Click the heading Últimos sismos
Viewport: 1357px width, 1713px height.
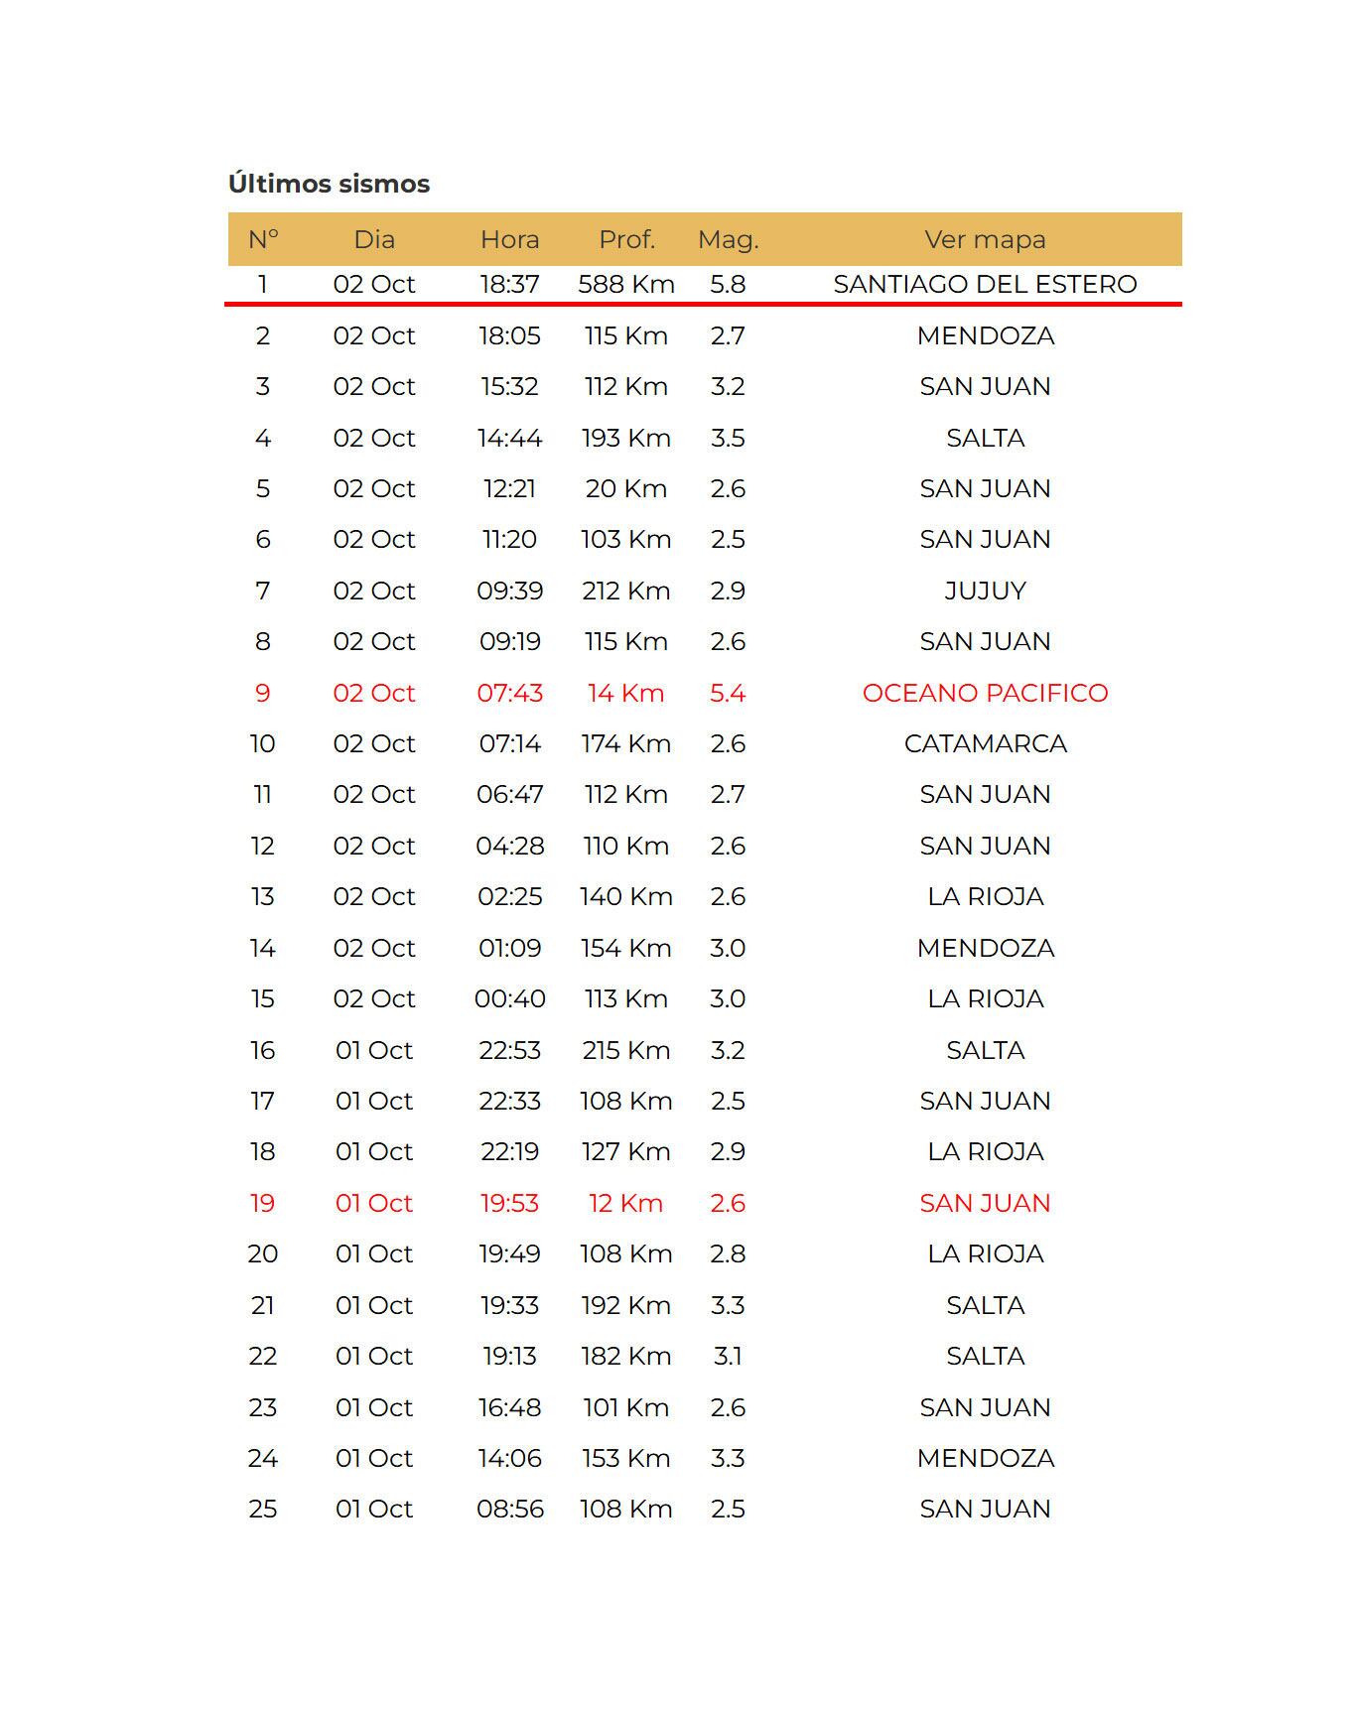[329, 184]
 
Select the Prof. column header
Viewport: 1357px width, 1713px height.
[626, 239]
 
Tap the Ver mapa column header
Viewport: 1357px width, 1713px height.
[985, 239]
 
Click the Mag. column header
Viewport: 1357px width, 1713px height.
[728, 239]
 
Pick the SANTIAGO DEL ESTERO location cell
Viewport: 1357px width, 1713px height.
[985, 284]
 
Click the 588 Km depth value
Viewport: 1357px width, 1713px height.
[626, 284]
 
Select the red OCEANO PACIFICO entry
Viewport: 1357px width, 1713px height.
[985, 693]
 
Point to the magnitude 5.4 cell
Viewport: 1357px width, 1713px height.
[728, 693]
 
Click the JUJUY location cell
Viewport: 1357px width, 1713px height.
[985, 591]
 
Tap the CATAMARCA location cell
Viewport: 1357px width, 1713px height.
[985, 743]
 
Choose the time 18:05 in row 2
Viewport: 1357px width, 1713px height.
[509, 335]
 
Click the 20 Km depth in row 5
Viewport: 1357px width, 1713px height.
[626, 488]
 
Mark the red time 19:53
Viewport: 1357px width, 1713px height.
[509, 1203]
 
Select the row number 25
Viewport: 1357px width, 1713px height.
[262, 1509]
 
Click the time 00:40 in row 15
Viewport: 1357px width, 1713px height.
[509, 998]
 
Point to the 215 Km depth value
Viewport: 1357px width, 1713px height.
[626, 1050]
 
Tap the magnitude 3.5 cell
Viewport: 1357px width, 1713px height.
[728, 438]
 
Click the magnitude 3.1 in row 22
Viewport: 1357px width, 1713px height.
[728, 1356]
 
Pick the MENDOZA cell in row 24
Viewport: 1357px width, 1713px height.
[985, 1458]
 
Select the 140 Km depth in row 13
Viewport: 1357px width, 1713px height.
[626, 896]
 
